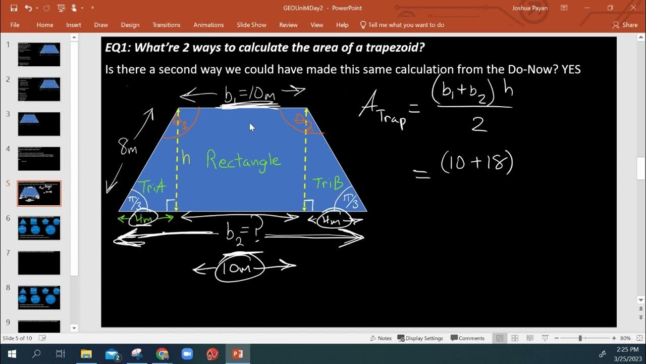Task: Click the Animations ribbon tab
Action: pyautogui.click(x=208, y=25)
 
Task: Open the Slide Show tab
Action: pyautogui.click(x=251, y=25)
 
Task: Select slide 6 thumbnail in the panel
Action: pyautogui.click(x=39, y=228)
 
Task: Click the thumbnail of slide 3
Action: pyautogui.click(x=39, y=124)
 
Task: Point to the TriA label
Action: pyautogui.click(x=153, y=187)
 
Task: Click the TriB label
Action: pyautogui.click(x=329, y=183)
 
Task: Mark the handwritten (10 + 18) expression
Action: pyautogui.click(x=476, y=164)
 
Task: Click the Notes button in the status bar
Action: pyautogui.click(x=381, y=338)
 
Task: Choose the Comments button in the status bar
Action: pyautogui.click(x=467, y=338)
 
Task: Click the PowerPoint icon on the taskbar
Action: pyautogui.click(x=237, y=354)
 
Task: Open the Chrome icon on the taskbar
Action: pyautogui.click(x=162, y=354)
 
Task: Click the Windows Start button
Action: pyautogui.click(x=12, y=354)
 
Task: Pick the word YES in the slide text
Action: pyautogui.click(x=571, y=69)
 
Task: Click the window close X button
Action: pyautogui.click(x=634, y=8)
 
